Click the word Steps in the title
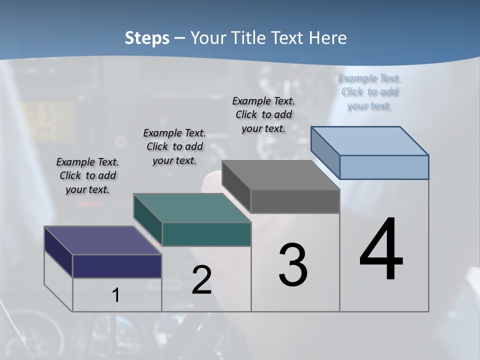[x=147, y=38]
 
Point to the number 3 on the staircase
[x=293, y=265]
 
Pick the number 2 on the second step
[x=201, y=280]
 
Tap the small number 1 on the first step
[x=116, y=295]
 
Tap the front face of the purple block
[x=117, y=266]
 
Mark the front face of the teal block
[x=206, y=234]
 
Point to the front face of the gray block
[x=295, y=201]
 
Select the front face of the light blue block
[x=384, y=167]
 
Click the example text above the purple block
[x=87, y=175]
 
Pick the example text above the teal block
[x=174, y=146]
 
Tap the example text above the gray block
[x=263, y=114]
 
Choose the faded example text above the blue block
[x=369, y=92]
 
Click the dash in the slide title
[x=179, y=38]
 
